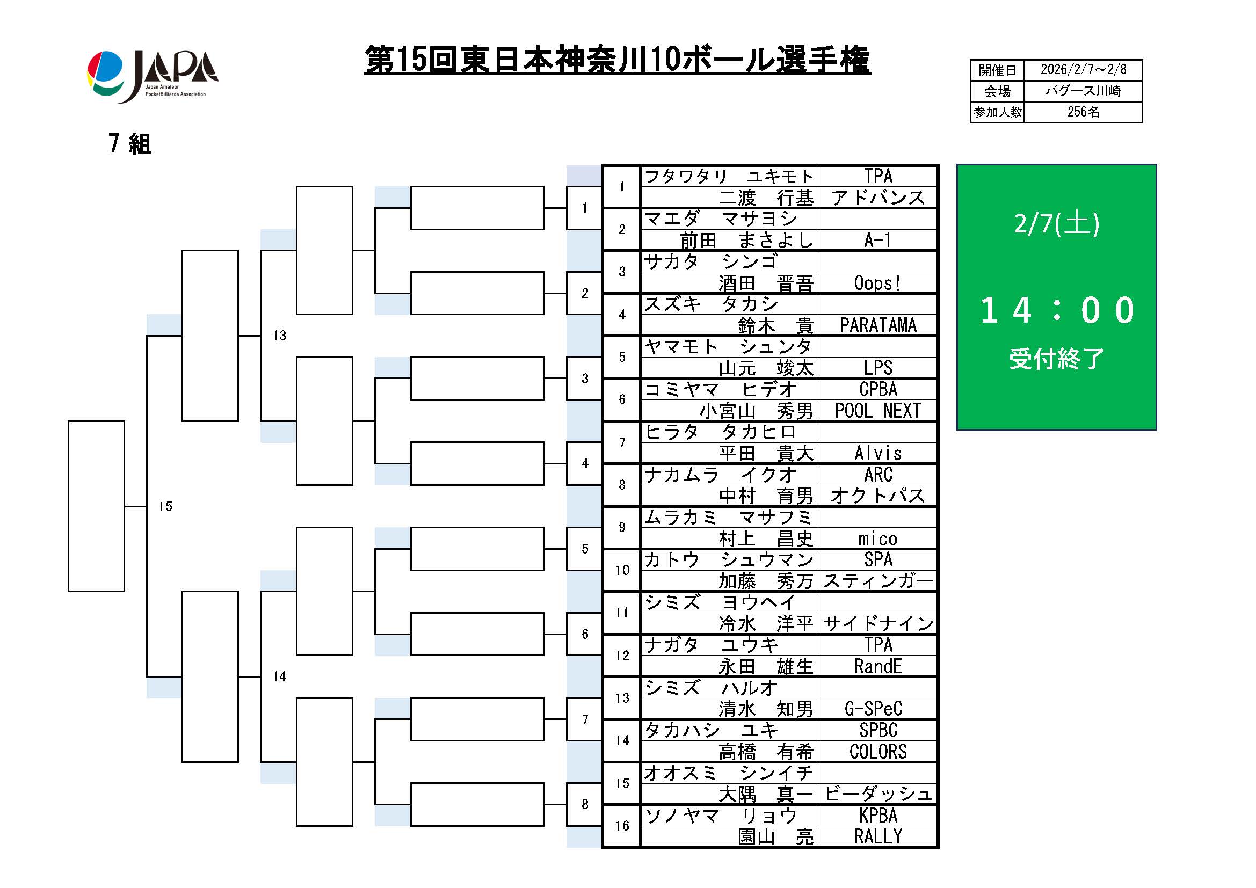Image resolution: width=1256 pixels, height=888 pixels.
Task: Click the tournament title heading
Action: click(x=617, y=60)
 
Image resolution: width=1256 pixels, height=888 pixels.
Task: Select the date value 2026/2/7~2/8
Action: click(x=1083, y=70)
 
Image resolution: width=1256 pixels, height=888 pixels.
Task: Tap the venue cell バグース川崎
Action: click(x=1083, y=91)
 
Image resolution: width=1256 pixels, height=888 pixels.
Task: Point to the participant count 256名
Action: click(x=1083, y=112)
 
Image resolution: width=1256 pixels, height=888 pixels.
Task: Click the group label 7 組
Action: click(x=129, y=144)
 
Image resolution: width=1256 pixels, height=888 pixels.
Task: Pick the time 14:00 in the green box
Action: click(x=1056, y=310)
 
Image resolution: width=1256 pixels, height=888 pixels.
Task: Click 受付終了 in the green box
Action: click(x=1056, y=359)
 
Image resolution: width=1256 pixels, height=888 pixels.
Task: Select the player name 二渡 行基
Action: click(x=766, y=198)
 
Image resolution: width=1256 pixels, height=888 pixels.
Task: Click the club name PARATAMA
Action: click(x=877, y=325)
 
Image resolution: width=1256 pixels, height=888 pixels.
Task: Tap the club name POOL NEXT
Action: click(x=877, y=411)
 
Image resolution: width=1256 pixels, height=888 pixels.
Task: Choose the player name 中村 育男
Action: click(x=766, y=496)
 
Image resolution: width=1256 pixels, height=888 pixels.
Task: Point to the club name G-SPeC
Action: click(x=873, y=709)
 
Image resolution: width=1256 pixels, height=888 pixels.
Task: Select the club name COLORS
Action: click(x=877, y=752)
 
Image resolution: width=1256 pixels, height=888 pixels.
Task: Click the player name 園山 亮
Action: click(x=775, y=837)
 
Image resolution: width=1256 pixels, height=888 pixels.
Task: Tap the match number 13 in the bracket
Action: click(x=280, y=336)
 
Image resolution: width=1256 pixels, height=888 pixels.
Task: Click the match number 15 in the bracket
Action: click(x=165, y=506)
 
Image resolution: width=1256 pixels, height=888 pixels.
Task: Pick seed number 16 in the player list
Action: click(x=622, y=826)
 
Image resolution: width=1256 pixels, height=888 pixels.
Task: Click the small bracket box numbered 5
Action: click(x=585, y=549)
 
